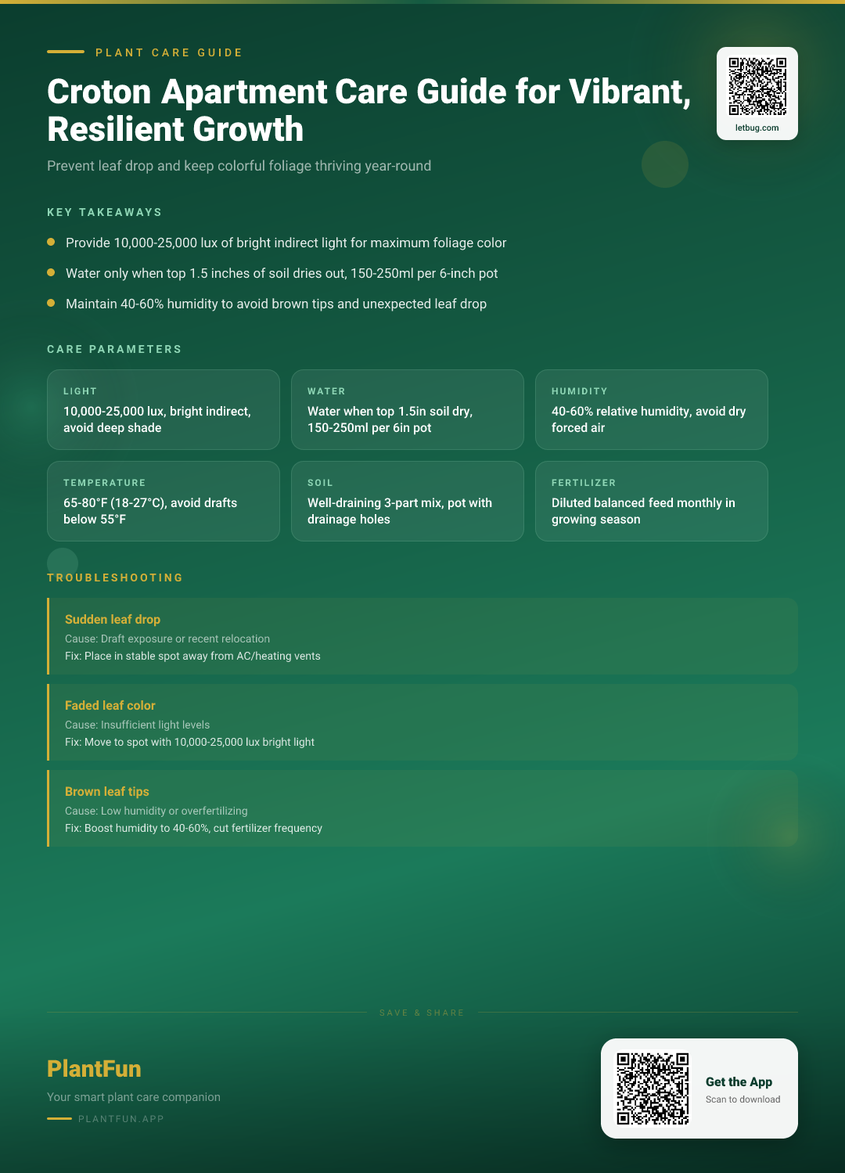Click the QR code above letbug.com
[757, 86]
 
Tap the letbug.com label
[757, 128]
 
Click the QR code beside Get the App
[653, 1088]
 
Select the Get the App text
[739, 1081]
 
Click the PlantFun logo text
[94, 1069]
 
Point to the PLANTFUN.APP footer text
[121, 1119]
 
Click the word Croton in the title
[99, 92]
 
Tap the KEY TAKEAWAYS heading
[104, 212]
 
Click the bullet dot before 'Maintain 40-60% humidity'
[51, 303]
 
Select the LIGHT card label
[80, 391]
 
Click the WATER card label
[326, 391]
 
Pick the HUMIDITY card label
[579, 391]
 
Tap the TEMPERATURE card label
[104, 483]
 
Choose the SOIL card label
[320, 483]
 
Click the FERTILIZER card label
[584, 483]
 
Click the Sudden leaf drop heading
[113, 619]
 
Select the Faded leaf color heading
[110, 705]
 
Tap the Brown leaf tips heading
[107, 791]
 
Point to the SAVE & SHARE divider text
[422, 1013]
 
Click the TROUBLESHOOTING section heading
[115, 578]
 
